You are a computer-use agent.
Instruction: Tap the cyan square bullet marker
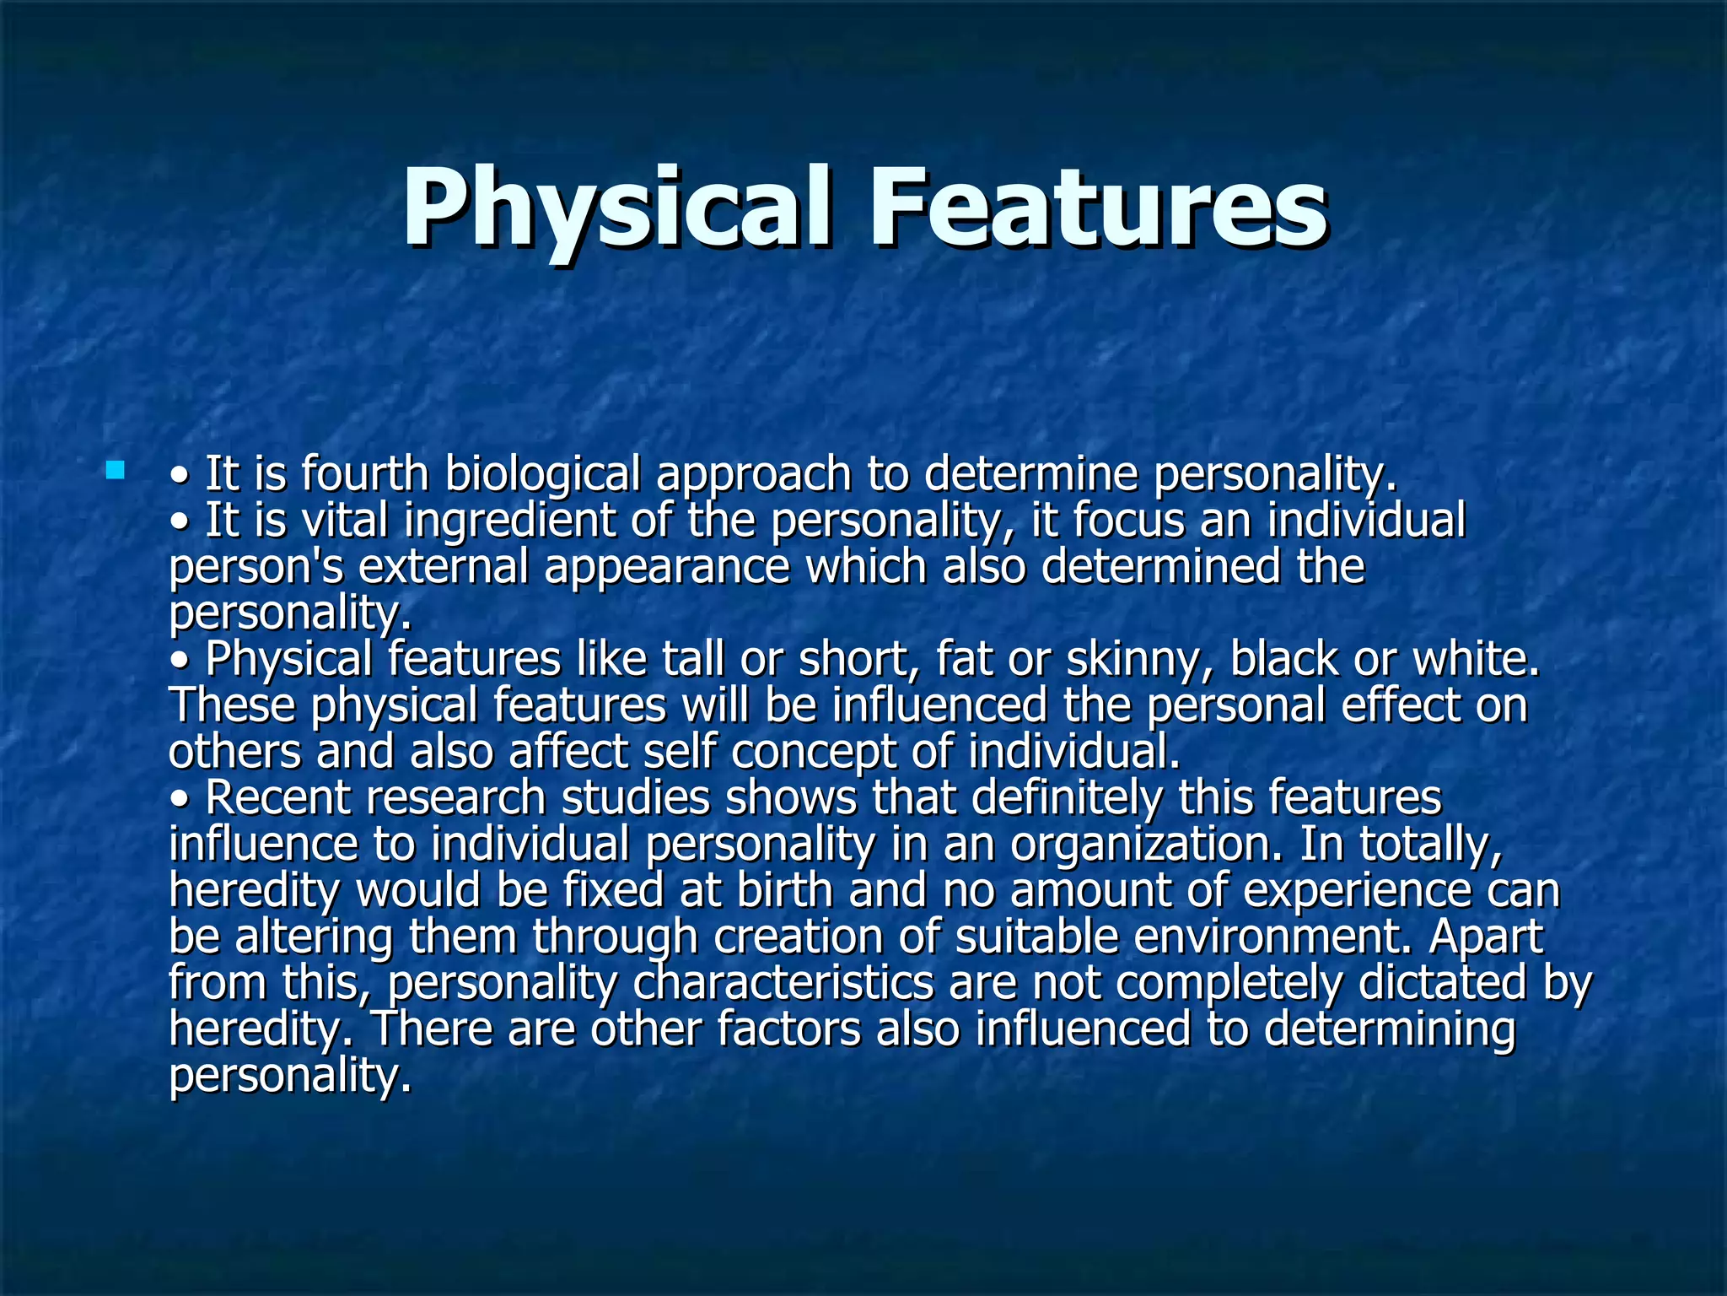[x=116, y=470]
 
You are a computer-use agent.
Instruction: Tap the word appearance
[x=667, y=568]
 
